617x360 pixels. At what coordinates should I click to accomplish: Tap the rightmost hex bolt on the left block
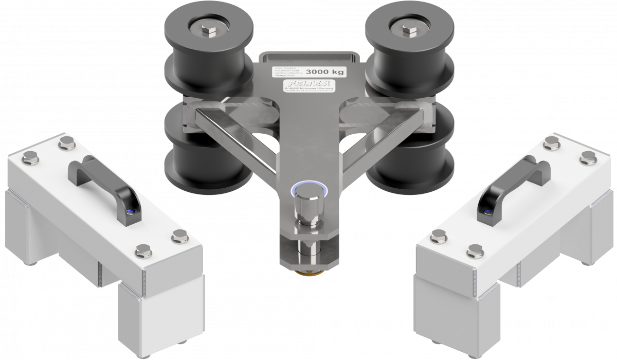(178, 236)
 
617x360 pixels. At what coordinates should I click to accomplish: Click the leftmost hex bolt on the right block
(438, 237)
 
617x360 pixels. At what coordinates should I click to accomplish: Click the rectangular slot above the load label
(309, 58)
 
